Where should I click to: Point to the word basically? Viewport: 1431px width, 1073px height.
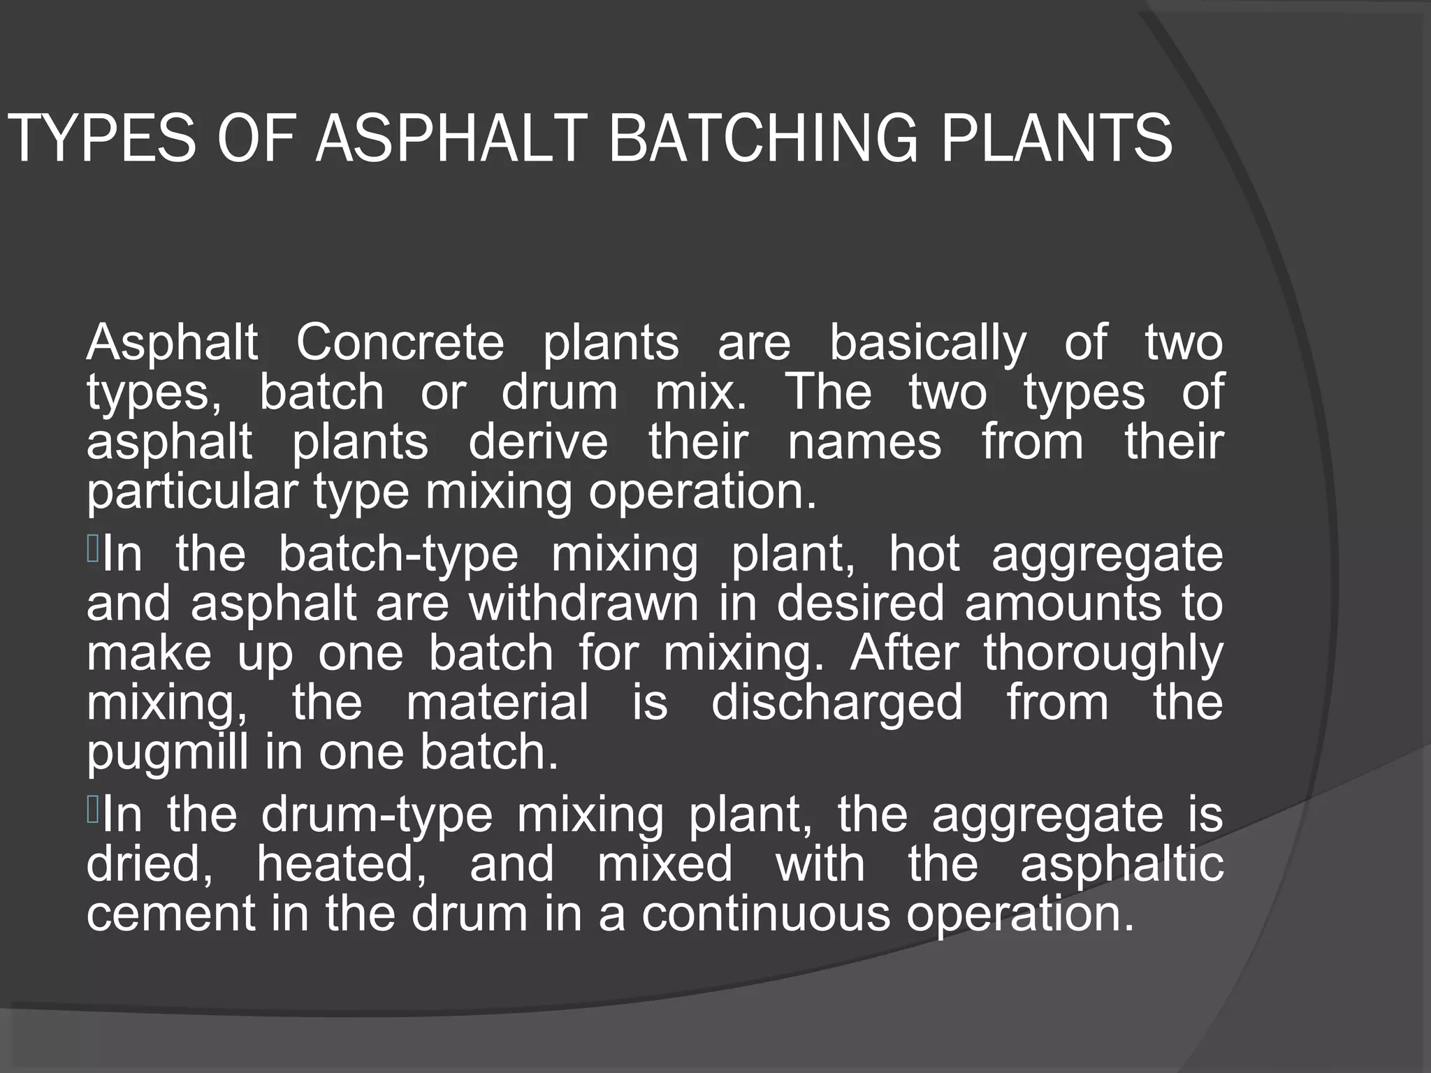tap(928, 344)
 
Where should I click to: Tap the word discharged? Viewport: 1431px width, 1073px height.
tap(836, 702)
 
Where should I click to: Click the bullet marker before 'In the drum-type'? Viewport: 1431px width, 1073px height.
tap(93, 810)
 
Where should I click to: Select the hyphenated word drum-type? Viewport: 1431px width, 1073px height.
tap(377, 815)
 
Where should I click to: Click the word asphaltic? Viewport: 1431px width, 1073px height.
tap(1121, 864)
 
